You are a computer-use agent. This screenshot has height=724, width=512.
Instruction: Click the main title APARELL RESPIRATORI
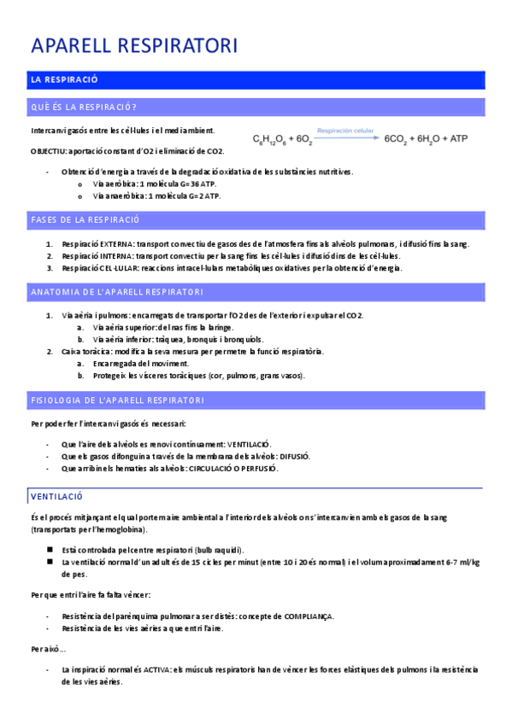(134, 46)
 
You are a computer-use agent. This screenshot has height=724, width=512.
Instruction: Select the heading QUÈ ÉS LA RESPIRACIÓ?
(84, 108)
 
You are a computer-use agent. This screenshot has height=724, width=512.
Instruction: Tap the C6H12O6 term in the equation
(271, 137)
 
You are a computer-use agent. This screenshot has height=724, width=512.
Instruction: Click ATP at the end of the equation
(458, 137)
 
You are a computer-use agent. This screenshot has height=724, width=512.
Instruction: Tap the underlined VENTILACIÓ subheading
(56, 496)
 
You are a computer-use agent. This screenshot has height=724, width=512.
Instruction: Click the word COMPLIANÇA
(308, 616)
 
